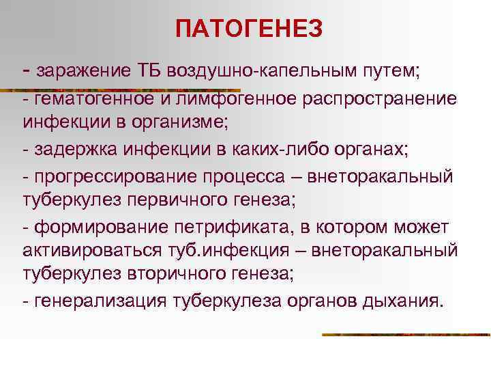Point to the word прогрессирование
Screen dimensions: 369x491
[109, 177]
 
